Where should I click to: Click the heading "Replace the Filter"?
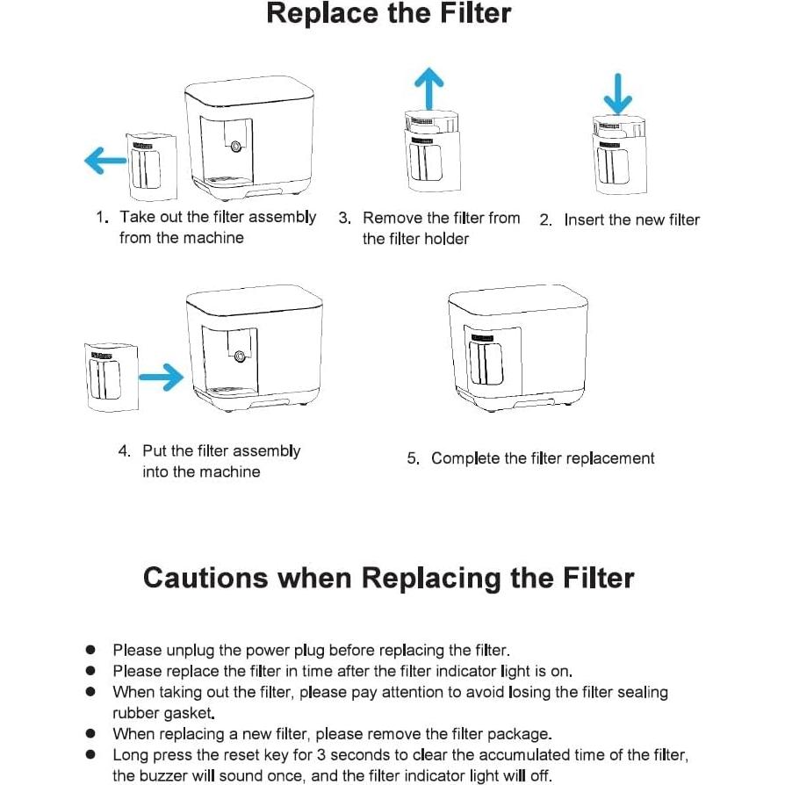388,15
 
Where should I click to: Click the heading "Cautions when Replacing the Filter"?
388,578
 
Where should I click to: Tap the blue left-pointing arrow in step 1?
104,161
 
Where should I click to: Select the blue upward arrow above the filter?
429,90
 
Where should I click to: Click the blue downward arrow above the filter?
619,92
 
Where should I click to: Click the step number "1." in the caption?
103,217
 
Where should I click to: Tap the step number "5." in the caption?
413,458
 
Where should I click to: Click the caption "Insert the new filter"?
631,220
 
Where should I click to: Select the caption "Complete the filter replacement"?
543,458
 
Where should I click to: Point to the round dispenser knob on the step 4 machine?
239,356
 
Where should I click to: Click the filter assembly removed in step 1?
150,166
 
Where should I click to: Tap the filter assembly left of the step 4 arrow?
112,378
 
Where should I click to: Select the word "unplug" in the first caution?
191,651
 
